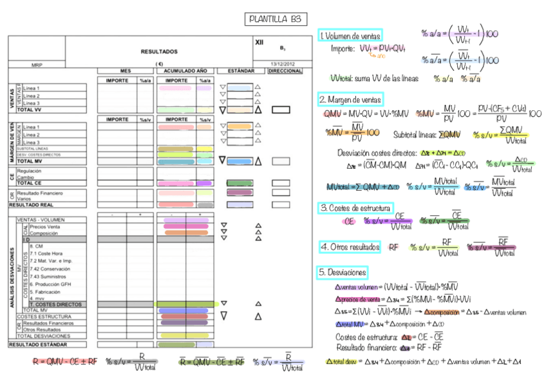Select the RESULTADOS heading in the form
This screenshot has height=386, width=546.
click(x=159, y=51)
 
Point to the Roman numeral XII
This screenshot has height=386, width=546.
click(x=259, y=41)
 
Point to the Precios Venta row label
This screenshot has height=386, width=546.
click(x=45, y=227)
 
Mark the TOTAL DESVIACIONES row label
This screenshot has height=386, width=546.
click(x=43, y=336)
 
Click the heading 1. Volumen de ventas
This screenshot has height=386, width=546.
click(x=351, y=35)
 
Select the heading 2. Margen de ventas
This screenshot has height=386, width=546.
click(x=350, y=100)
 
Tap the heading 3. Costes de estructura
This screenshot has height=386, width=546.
click(x=355, y=208)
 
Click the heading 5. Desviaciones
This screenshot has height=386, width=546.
click(x=342, y=273)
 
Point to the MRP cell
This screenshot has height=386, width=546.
click(x=36, y=64)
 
